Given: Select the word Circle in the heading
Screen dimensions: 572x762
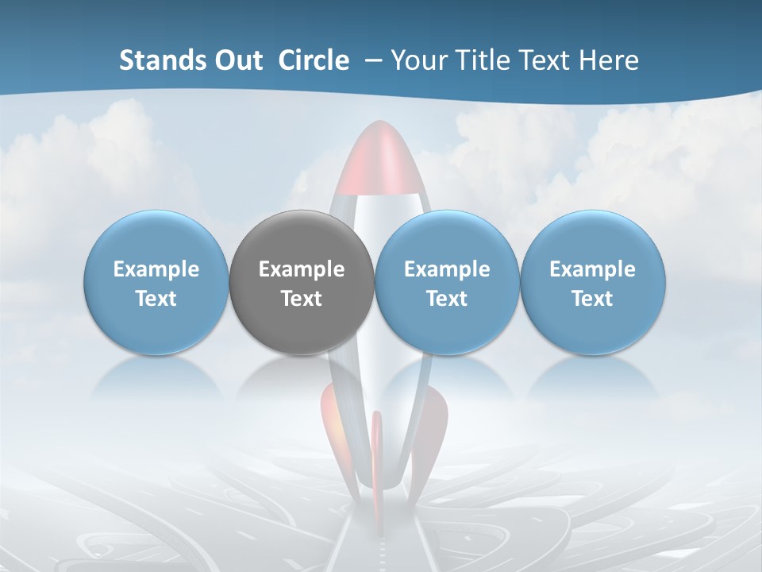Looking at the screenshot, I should tap(314, 60).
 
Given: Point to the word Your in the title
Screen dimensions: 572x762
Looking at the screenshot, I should tap(418, 60).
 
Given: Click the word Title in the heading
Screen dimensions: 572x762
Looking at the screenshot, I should tap(486, 60).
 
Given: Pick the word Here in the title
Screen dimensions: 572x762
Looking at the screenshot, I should tap(609, 60).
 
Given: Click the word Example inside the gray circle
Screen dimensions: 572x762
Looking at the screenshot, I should tap(302, 269).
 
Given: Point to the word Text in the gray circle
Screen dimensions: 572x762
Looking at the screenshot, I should tap(302, 299).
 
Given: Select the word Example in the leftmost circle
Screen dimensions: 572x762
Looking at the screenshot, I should tap(156, 269).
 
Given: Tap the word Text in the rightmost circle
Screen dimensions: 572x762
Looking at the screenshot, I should tap(592, 299).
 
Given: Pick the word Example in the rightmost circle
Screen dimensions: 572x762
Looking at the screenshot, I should tap(592, 269).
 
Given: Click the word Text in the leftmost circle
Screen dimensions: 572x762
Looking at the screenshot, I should tap(156, 299).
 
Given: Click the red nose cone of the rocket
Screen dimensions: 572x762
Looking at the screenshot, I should tap(379, 159).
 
